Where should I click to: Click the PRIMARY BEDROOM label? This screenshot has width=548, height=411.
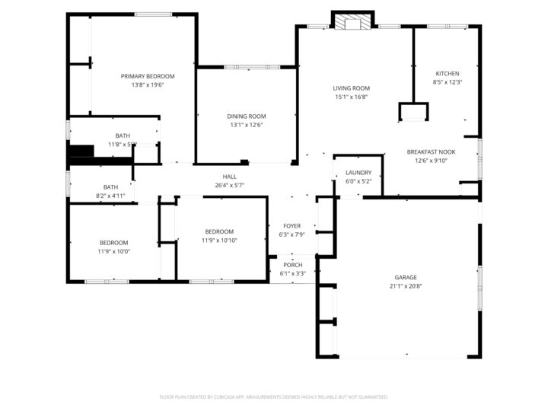click(x=148, y=76)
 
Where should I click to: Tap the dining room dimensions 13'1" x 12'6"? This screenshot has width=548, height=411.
click(x=246, y=126)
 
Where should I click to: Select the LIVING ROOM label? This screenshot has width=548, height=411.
click(x=351, y=88)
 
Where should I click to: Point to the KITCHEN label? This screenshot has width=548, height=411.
click(x=448, y=73)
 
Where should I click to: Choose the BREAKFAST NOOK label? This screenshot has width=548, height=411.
click(x=431, y=151)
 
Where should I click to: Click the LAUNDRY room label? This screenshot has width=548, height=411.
click(x=358, y=173)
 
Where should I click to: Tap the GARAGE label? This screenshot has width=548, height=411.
click(x=406, y=277)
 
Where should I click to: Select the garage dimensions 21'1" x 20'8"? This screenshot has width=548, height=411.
click(x=406, y=286)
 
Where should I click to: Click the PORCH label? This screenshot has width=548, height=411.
click(x=292, y=265)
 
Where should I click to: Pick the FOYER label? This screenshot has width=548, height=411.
click(x=292, y=226)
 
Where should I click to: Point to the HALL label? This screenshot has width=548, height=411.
click(x=229, y=176)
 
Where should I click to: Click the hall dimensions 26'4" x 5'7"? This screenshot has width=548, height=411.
click(x=229, y=185)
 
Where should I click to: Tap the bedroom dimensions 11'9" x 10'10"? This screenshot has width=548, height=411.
click(x=219, y=241)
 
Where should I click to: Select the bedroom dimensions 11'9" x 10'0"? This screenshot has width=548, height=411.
click(x=114, y=251)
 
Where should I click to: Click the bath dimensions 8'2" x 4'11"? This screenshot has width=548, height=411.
click(x=110, y=196)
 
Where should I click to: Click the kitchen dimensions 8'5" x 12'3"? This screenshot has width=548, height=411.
click(x=448, y=82)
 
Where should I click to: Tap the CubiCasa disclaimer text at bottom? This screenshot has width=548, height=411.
click(x=274, y=397)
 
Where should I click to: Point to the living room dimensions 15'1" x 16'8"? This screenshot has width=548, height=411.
click(x=351, y=97)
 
